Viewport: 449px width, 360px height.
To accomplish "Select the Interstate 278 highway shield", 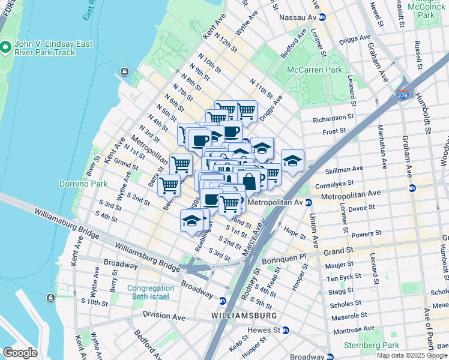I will tap(403, 95).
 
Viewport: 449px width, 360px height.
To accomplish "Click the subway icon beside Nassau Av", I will tap(322, 17).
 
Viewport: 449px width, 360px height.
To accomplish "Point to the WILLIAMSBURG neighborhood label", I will tap(244, 315).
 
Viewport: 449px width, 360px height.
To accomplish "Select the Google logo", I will tap(20, 352).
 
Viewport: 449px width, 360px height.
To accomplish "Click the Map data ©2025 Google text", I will tap(412, 355).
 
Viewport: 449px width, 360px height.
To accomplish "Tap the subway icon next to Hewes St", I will tap(286, 330).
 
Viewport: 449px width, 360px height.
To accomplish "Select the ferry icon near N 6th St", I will tap(124, 72).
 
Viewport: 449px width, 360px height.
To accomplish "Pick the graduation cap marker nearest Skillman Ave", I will tap(292, 160).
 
